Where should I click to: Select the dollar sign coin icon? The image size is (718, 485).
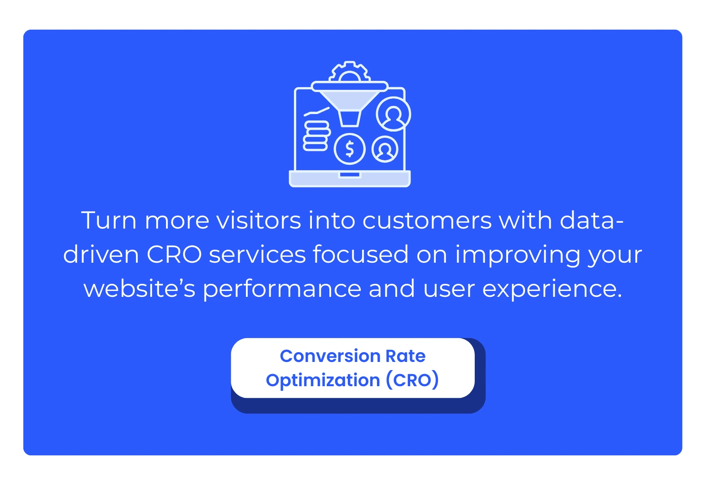[x=350, y=149]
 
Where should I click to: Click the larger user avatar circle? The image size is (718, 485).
[x=394, y=114]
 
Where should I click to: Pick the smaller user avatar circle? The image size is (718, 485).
[x=385, y=149]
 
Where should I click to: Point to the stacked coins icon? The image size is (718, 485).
[x=316, y=136]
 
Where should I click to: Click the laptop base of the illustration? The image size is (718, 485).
[x=350, y=179]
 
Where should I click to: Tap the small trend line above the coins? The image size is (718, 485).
[x=317, y=111]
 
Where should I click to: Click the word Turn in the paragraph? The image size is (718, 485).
[x=109, y=220]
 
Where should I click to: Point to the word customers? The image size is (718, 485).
[x=427, y=220]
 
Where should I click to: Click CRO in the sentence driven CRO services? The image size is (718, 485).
[x=174, y=255]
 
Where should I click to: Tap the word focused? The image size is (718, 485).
[x=361, y=255]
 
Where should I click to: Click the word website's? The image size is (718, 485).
[x=140, y=289]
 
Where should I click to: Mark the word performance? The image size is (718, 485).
[x=282, y=289]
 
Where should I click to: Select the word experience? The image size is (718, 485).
[x=552, y=289]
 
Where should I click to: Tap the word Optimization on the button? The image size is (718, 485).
[x=323, y=380]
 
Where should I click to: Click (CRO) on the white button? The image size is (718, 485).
[x=412, y=380]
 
